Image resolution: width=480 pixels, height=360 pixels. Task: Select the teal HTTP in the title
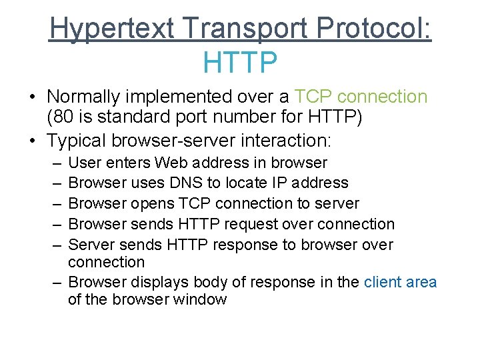(240, 63)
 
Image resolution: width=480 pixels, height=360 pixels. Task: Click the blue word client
(383, 282)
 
